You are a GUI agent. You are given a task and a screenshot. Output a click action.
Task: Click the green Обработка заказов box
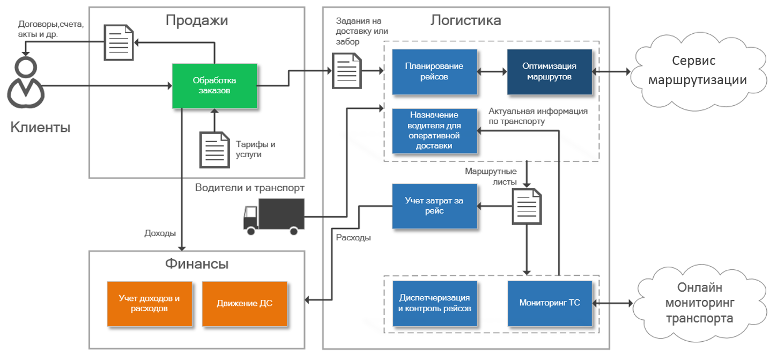[x=214, y=86]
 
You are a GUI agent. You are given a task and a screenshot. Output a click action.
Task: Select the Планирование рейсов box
[x=434, y=72]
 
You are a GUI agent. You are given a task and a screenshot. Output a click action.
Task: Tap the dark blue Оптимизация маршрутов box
[x=550, y=72]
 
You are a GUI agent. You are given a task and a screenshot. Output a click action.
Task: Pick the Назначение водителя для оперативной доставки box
[x=434, y=131]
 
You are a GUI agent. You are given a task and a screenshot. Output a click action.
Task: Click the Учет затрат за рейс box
[x=434, y=206]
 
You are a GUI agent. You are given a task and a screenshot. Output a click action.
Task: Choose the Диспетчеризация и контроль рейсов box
[x=435, y=303]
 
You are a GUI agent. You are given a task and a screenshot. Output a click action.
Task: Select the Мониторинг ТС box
[x=550, y=303]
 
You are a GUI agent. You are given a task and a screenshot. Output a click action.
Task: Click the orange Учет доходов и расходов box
[x=150, y=304]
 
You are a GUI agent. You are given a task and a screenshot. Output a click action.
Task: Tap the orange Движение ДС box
[x=245, y=304]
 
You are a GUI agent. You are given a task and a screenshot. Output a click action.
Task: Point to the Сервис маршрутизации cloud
[x=698, y=71]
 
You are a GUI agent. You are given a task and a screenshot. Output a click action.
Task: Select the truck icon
[x=273, y=216]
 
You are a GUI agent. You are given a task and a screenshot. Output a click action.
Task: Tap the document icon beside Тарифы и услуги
[x=214, y=149]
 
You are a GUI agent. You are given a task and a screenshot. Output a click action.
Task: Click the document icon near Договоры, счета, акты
[x=119, y=42]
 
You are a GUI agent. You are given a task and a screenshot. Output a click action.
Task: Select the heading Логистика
[x=465, y=21]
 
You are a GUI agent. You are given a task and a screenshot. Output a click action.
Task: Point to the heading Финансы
[x=197, y=264]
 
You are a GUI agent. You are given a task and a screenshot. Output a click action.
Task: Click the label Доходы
[x=160, y=233]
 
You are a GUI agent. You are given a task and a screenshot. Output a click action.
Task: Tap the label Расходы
[x=353, y=237]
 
